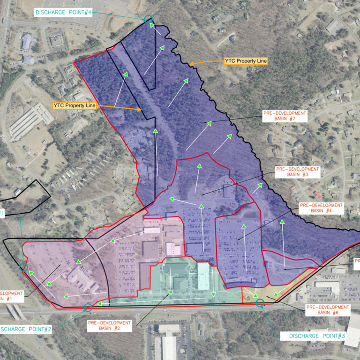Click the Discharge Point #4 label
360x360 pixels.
(63, 13)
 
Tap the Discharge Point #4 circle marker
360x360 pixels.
(148, 19)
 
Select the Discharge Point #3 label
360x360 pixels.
(317, 336)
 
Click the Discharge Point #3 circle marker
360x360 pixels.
(260, 303)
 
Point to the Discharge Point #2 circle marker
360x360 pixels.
(88, 307)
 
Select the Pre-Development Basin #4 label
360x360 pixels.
(321, 208)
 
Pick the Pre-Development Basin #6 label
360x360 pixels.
(328, 310)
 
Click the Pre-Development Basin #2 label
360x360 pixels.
(111, 325)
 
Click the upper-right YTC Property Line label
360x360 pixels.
(246, 61)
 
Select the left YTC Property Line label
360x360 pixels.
(74, 105)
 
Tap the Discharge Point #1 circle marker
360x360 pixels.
(23, 268)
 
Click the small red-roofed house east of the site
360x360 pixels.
(318, 194)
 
